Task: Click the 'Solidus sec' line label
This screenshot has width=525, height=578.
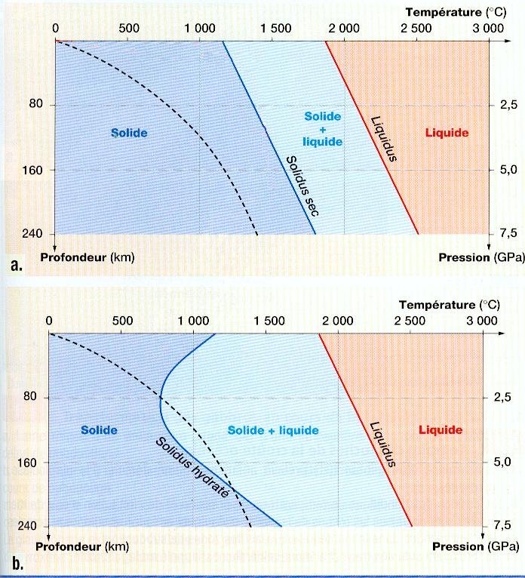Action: pos(301,186)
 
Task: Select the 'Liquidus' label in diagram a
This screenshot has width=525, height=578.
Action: pos(385,138)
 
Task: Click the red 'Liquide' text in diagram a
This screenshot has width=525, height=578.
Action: pos(447,134)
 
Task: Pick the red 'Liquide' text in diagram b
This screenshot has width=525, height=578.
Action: pos(441,430)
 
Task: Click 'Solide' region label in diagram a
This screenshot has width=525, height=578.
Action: pos(129,134)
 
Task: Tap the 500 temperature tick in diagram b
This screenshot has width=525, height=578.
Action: pos(122,320)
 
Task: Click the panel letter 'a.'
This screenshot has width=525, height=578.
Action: pos(14,265)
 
